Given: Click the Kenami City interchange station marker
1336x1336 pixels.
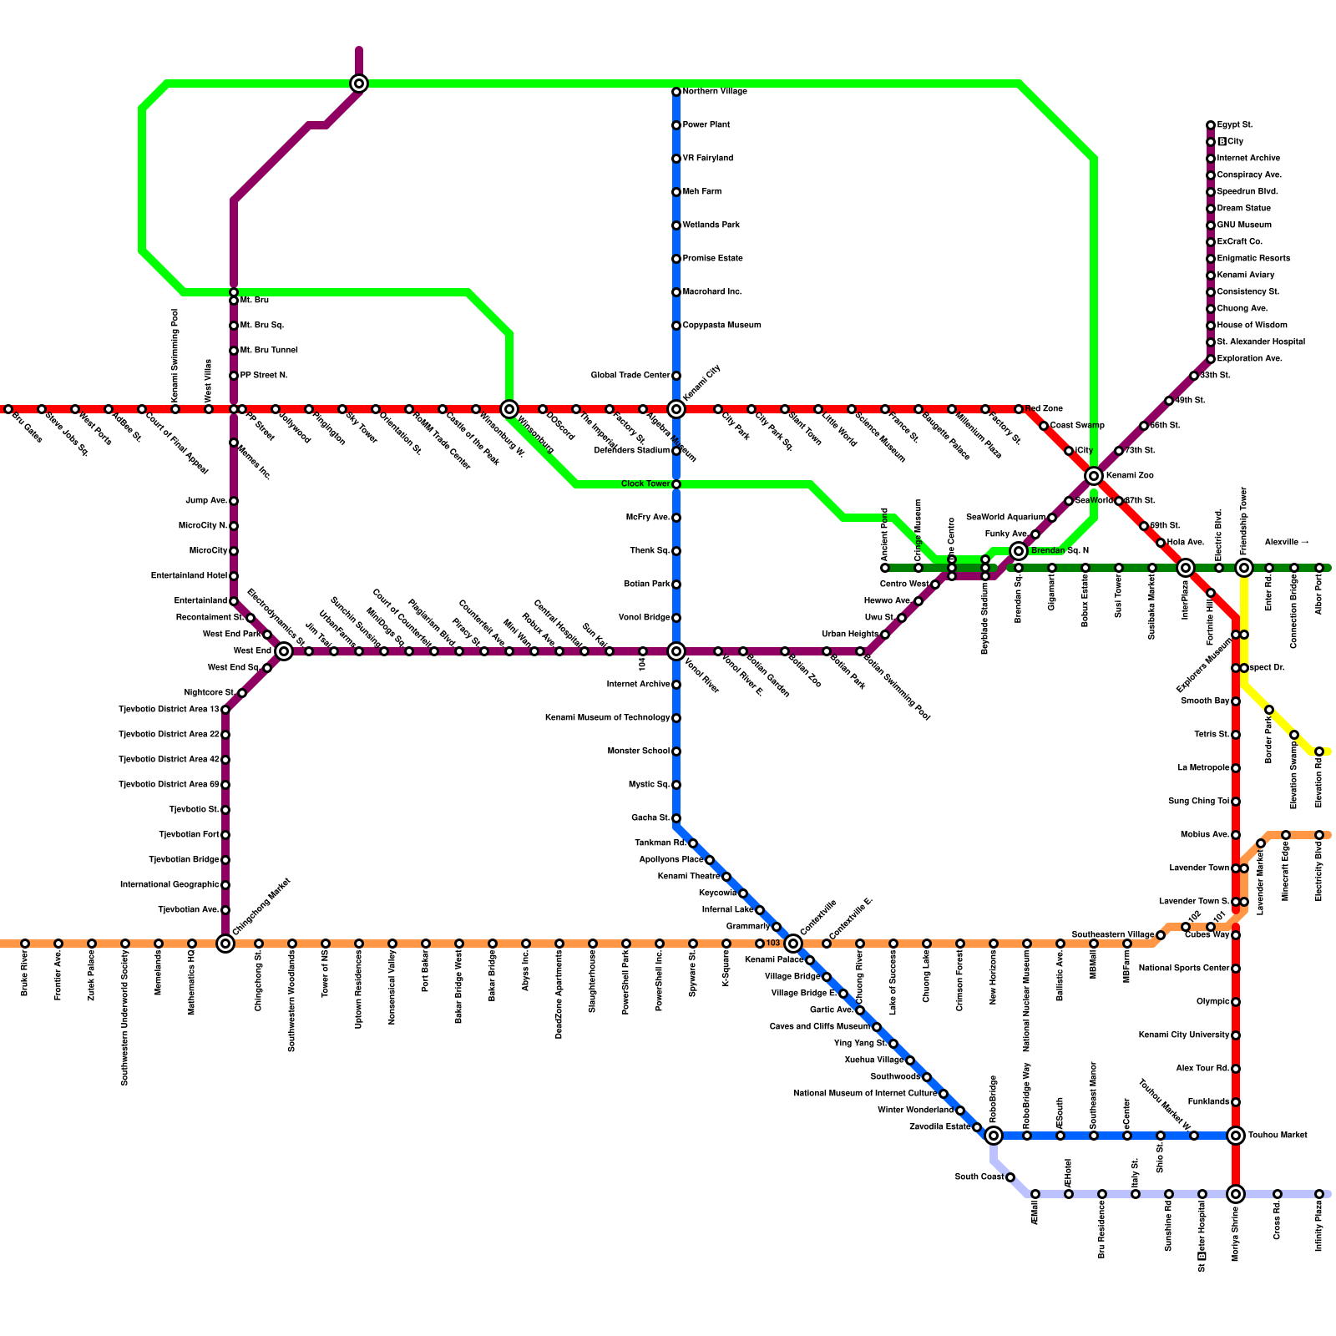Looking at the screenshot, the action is click(x=676, y=409).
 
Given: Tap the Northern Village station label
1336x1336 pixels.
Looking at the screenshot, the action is click(x=715, y=92).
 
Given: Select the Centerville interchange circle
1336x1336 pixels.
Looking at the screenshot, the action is click(x=793, y=944).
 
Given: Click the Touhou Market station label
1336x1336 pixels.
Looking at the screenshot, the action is click(x=1278, y=1136).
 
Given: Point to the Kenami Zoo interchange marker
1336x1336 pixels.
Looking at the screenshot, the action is click(x=1094, y=476).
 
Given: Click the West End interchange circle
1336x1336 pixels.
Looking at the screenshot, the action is click(x=284, y=651).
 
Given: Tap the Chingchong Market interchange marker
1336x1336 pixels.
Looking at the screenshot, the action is click(x=225, y=944).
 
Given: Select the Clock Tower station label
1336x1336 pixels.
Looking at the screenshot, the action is click(x=645, y=484).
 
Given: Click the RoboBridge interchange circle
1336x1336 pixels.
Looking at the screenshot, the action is click(x=994, y=1136).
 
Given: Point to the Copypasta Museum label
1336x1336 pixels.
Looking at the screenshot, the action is click(x=721, y=326).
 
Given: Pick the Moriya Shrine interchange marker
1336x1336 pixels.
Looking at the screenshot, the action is click(x=1236, y=1194).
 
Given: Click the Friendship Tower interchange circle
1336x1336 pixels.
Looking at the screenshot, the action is click(x=1244, y=568).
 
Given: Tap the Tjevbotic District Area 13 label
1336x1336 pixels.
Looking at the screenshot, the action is click(x=169, y=710).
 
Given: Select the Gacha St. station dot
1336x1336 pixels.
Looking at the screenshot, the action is click(x=676, y=818).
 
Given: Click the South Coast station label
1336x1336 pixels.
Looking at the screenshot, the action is click(x=979, y=1177).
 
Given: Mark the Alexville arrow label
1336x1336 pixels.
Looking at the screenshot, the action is click(x=1286, y=543).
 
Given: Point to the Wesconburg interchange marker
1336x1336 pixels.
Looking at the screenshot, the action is click(x=509, y=409).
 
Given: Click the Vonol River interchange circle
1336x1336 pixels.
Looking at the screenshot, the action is click(x=676, y=651).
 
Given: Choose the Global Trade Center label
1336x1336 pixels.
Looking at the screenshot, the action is click(x=630, y=376).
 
